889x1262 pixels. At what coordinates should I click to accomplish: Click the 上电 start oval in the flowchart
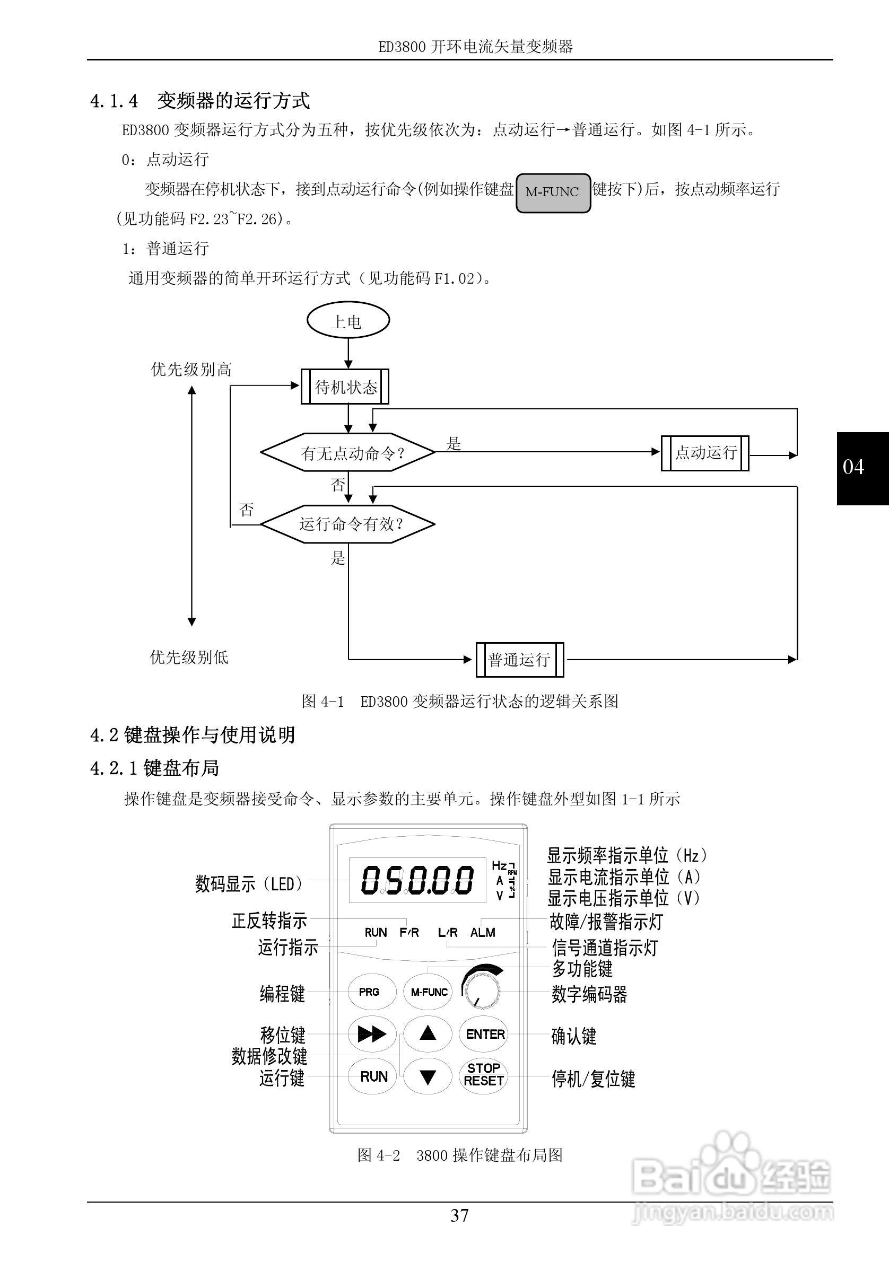[347, 321]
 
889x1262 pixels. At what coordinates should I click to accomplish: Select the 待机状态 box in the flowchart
[345, 387]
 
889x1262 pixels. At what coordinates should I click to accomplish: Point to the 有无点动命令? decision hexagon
[348, 452]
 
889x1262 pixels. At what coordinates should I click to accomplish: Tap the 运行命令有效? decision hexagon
[348, 524]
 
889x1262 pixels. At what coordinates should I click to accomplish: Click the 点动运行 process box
[705, 452]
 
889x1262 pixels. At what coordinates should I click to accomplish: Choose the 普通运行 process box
[519, 659]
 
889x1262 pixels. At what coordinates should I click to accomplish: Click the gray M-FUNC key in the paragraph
[553, 192]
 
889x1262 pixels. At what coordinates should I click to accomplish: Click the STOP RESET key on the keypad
[483, 1075]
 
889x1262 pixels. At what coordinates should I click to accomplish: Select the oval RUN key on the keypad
[373, 1076]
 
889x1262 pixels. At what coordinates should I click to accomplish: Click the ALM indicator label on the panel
[483, 933]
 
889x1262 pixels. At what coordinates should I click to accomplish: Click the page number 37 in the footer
[460, 1215]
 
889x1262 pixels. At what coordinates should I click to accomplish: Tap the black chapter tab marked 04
[861, 468]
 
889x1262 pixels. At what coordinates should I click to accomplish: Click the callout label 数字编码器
[589, 994]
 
